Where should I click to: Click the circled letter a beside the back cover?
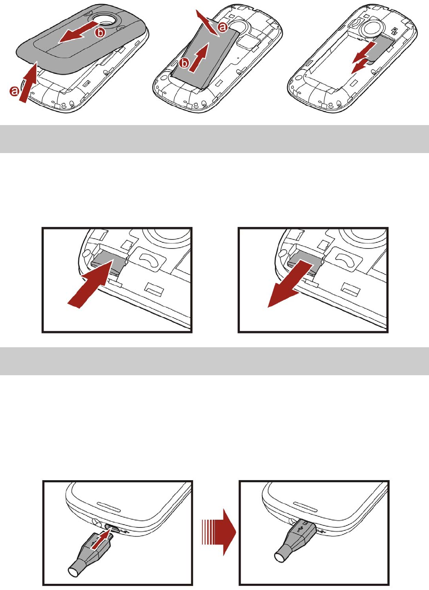pos(14,91)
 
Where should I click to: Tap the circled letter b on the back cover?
pos(100,33)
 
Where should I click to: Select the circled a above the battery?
pos(223,27)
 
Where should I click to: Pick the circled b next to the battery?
pos(185,63)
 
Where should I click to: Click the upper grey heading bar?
pos(214,139)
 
